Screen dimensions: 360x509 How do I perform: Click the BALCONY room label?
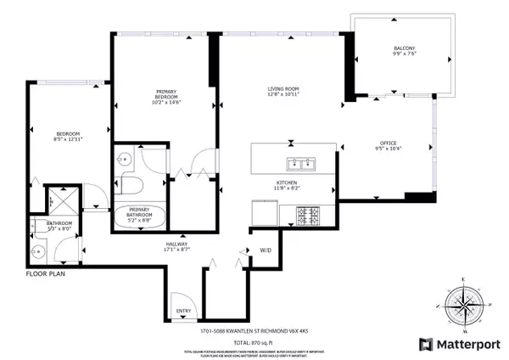[403, 48]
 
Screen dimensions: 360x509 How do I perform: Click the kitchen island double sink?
[301, 164]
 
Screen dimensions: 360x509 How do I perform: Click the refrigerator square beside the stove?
[266, 211]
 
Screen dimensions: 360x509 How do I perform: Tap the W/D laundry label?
[265, 250]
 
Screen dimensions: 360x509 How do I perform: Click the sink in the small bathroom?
[38, 252]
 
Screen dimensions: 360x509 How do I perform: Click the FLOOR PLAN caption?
[44, 274]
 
